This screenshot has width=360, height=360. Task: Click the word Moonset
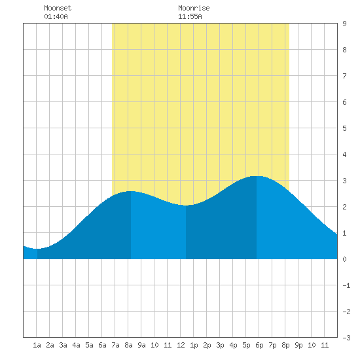58,8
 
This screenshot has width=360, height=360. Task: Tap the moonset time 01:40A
56,16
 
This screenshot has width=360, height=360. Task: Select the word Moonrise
194,8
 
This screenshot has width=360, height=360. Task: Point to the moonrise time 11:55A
190,16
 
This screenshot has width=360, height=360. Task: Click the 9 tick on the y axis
344,24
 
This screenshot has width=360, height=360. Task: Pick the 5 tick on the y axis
344,128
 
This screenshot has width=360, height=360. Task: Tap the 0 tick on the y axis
344,259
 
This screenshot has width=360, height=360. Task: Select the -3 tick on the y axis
346,338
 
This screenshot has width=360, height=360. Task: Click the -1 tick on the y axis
346,285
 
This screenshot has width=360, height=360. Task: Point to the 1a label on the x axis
37,345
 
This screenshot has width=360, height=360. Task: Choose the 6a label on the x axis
102,345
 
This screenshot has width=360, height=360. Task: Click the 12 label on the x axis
181,345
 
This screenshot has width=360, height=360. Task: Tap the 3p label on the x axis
220,345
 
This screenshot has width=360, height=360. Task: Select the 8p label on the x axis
285,345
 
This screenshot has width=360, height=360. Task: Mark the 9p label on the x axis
298,345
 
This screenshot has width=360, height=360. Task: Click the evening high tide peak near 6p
257,176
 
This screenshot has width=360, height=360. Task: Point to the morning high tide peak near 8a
131,191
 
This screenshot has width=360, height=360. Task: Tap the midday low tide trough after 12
186,206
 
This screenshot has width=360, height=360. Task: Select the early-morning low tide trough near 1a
37,249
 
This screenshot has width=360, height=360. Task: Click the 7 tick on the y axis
344,76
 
